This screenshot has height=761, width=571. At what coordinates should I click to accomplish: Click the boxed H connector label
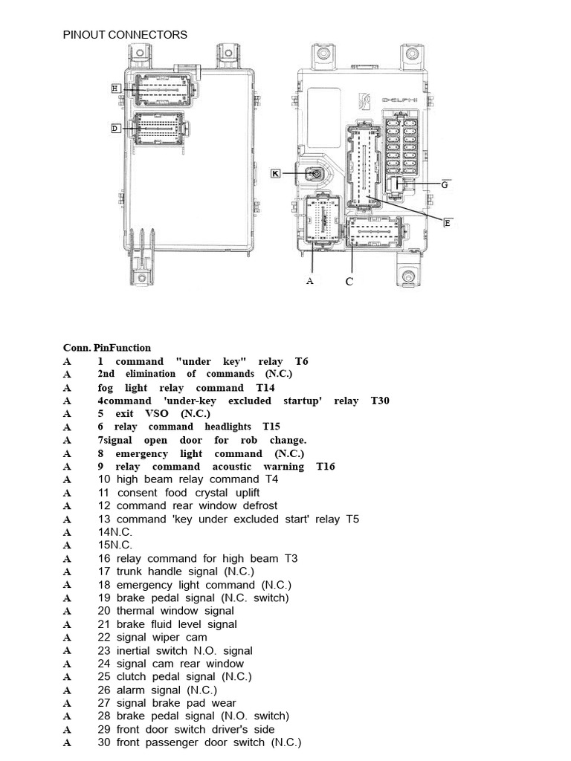click(115, 88)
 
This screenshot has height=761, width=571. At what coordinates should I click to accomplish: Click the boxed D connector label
click(115, 129)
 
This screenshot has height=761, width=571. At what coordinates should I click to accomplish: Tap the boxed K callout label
click(275, 173)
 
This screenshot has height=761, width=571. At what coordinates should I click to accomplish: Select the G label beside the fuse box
click(445, 185)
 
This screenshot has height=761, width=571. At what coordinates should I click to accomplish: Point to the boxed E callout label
click(448, 223)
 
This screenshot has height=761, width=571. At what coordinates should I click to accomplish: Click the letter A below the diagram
click(310, 281)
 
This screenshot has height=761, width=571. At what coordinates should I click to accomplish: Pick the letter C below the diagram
click(349, 282)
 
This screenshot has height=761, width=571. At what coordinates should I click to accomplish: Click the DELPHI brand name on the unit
click(399, 100)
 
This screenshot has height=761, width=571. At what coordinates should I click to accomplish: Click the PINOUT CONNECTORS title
click(125, 34)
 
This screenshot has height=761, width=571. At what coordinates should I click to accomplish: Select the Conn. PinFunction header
click(106, 347)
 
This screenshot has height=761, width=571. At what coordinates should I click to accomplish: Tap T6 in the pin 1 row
click(301, 361)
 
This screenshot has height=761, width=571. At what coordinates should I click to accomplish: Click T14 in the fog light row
click(265, 387)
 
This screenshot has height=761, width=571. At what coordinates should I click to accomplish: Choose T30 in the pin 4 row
click(380, 401)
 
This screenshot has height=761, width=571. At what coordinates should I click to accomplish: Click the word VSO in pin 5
click(157, 413)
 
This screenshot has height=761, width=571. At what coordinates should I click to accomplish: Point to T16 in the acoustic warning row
click(325, 467)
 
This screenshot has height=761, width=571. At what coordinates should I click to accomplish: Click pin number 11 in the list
click(103, 493)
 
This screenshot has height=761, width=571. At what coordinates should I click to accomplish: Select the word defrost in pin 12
click(257, 506)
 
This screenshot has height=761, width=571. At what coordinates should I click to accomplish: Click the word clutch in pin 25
click(132, 676)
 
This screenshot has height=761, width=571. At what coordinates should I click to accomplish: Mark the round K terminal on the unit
click(316, 174)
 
